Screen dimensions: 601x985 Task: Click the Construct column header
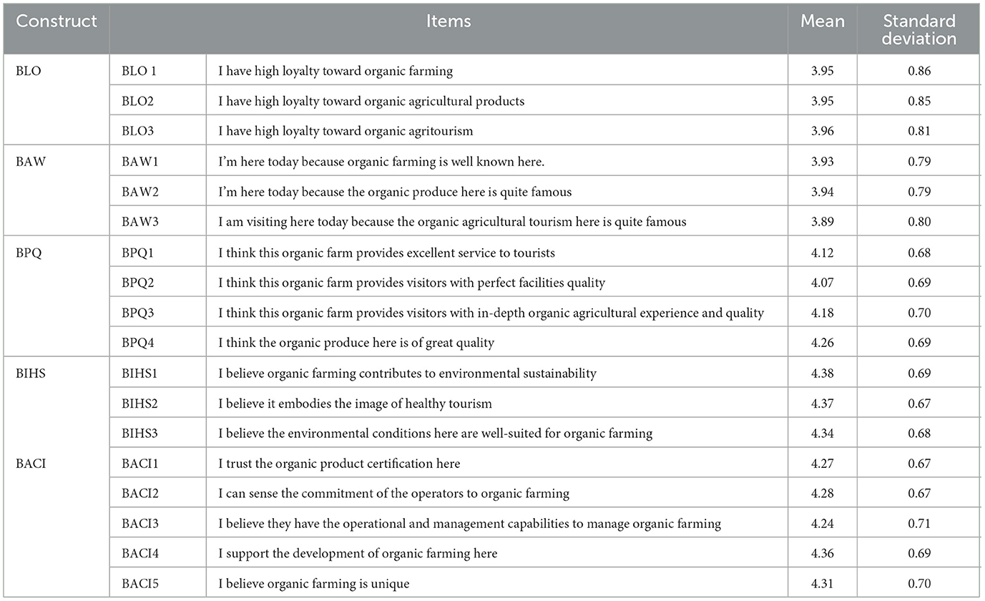click(57, 21)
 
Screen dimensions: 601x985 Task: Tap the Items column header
click(448, 21)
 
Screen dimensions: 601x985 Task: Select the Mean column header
click(822, 21)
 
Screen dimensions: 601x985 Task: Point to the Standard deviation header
click(918, 29)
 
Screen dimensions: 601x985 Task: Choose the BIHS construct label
click(31, 373)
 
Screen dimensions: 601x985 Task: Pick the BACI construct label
click(32, 464)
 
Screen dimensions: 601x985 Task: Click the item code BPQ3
click(139, 313)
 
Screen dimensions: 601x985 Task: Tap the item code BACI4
click(139, 554)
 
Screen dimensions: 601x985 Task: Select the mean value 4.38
click(822, 373)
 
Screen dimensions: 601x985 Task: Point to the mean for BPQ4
click(822, 343)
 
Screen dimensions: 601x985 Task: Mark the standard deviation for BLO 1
click(918, 72)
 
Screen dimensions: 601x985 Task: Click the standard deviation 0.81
click(918, 132)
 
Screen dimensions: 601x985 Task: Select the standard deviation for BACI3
click(918, 524)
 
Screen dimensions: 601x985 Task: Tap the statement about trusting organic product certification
click(339, 464)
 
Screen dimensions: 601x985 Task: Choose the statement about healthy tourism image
click(355, 404)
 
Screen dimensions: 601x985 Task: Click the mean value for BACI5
click(822, 584)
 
